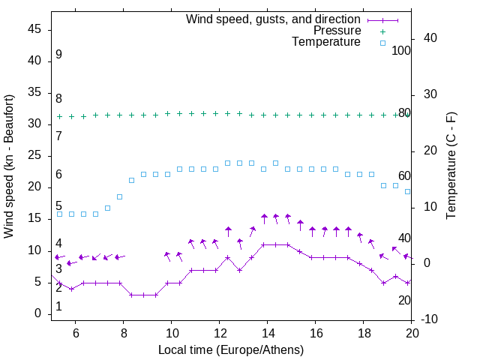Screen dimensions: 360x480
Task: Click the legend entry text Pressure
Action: (x=337, y=31)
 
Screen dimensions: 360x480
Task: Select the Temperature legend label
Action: (x=326, y=42)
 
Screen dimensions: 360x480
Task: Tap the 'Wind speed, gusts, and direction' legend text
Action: (x=274, y=19)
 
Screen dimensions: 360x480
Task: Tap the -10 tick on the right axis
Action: (x=430, y=319)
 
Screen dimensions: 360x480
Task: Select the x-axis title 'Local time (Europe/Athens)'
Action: (x=231, y=349)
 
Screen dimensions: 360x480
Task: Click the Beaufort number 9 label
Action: (x=58, y=55)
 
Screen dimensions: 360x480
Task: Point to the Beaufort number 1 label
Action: (x=58, y=307)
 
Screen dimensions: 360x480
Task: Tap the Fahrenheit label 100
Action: (x=401, y=50)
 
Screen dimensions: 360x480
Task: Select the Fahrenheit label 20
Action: (x=404, y=300)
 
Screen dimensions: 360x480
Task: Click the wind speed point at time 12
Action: (x=219, y=270)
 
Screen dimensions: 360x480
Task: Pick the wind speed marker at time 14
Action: (x=267, y=244)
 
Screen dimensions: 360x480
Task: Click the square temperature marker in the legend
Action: (x=382, y=43)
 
